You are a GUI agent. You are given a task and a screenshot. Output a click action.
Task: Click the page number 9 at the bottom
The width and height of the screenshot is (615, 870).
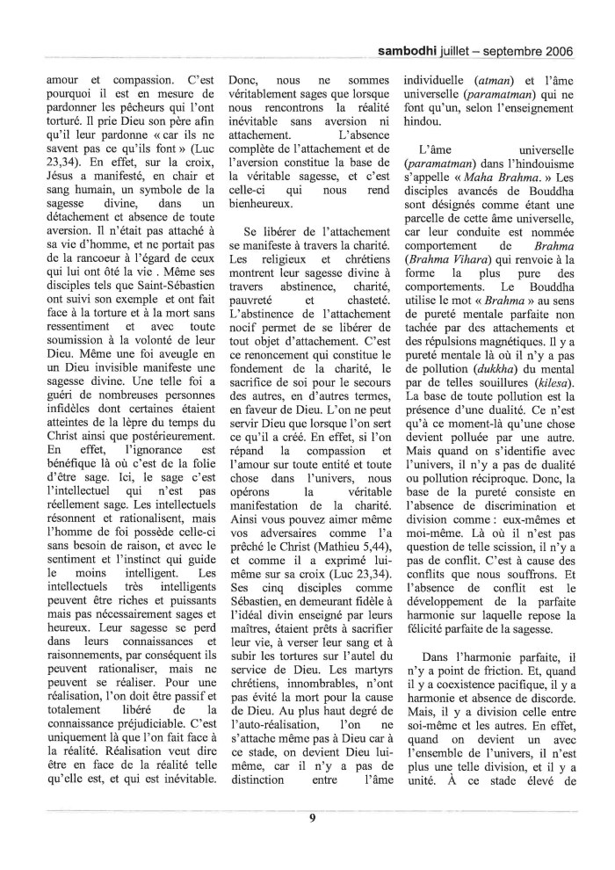[312, 819]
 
